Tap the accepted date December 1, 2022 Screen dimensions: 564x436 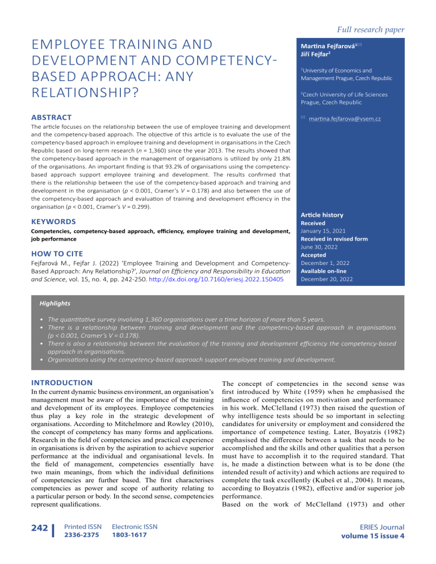(x=325, y=263)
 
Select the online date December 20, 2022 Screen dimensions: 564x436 (x=327, y=279)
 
